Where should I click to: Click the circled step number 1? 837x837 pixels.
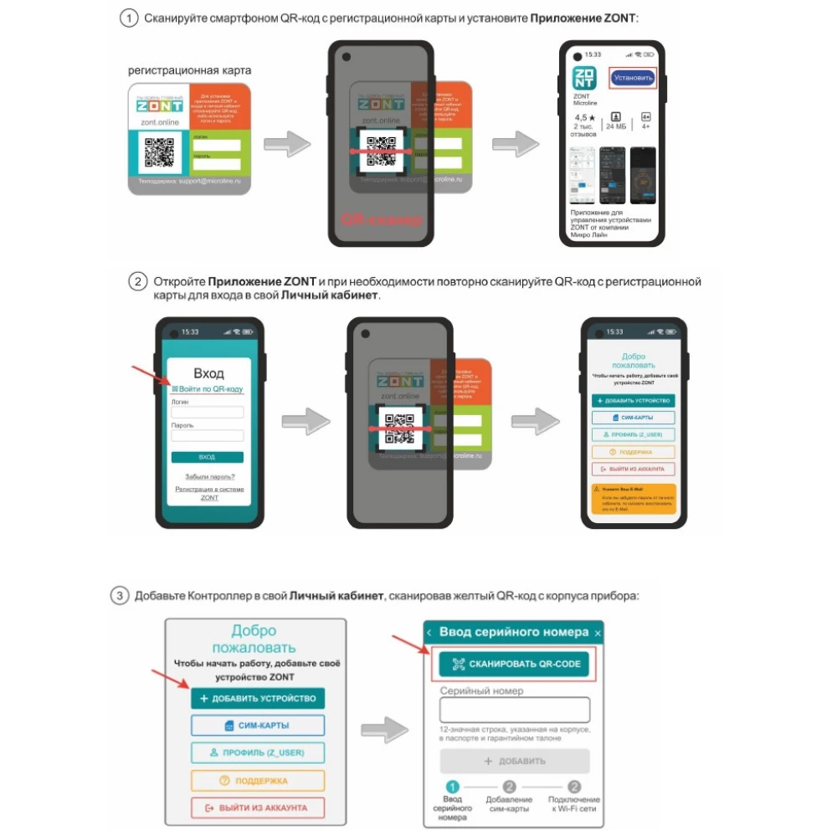click(x=129, y=18)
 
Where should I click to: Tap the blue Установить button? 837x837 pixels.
click(x=632, y=78)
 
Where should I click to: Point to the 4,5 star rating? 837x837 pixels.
click(x=585, y=118)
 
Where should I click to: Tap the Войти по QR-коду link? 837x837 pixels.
click(x=207, y=389)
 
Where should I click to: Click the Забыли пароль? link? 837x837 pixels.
click(x=209, y=476)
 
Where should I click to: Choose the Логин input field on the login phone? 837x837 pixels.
click(x=207, y=413)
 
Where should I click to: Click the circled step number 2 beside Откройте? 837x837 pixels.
click(x=138, y=281)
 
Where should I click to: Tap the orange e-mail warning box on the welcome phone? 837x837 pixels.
click(x=634, y=500)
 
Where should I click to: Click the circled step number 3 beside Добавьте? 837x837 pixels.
click(x=121, y=596)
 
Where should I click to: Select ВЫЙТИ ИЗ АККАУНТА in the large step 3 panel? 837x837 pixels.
click(x=257, y=808)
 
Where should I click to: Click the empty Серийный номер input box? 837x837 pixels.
click(x=515, y=711)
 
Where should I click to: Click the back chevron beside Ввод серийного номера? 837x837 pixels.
click(x=429, y=632)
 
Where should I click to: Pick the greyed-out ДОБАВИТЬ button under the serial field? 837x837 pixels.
click(x=515, y=761)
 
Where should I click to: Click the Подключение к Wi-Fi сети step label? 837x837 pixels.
click(x=574, y=806)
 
